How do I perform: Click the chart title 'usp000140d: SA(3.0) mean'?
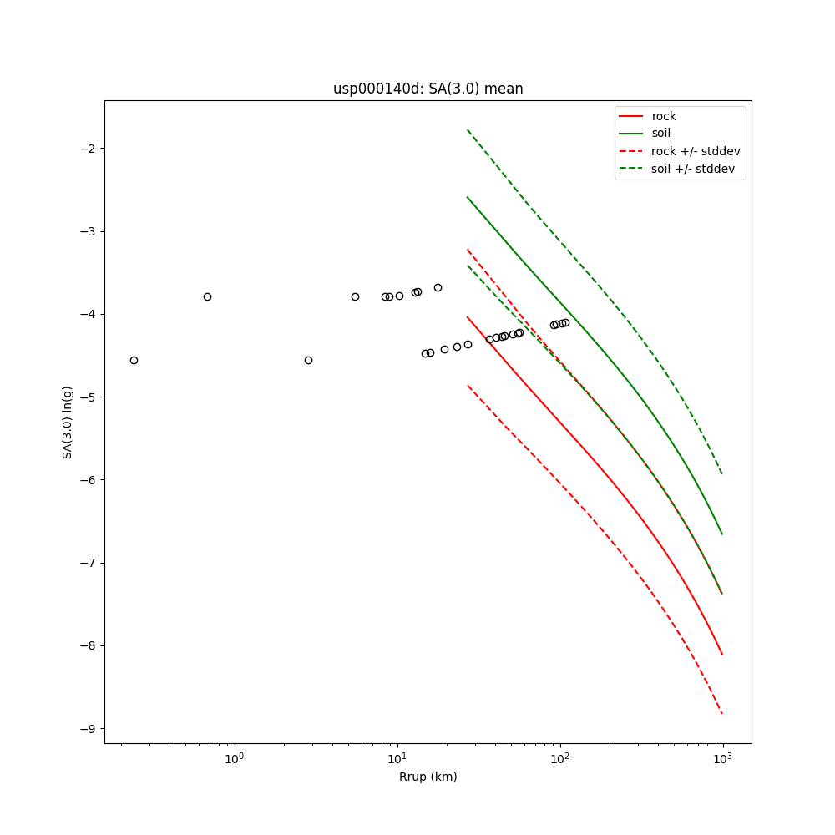428,89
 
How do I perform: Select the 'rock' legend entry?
664,116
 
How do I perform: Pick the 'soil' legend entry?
660,134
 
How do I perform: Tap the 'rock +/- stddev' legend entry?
696,151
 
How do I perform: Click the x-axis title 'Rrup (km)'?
428,777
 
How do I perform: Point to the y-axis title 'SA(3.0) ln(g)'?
68,422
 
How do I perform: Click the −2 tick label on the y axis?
87,149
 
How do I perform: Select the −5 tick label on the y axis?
87,397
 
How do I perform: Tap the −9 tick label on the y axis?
87,728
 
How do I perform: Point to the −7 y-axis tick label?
87,563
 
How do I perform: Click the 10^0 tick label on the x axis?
235,760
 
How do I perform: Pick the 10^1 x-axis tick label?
397,760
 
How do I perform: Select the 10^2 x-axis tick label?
560,760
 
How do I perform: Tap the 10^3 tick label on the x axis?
723,760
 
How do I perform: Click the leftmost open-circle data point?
134,360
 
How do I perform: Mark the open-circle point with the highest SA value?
438,287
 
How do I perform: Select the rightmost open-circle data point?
565,322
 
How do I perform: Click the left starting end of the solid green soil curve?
468,198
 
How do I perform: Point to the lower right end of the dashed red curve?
722,713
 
